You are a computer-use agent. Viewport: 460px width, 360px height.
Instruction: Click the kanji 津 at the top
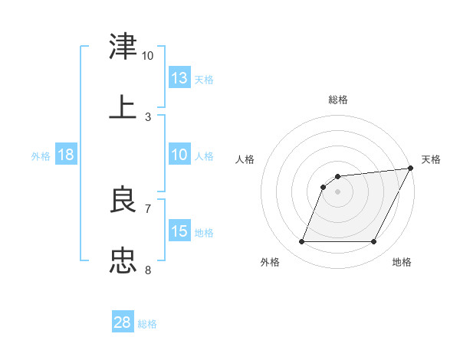click(123, 47)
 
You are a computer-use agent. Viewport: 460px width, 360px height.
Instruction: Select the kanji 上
click(123, 107)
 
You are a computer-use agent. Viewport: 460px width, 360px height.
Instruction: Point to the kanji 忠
click(123, 260)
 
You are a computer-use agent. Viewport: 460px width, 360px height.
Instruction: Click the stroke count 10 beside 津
click(147, 56)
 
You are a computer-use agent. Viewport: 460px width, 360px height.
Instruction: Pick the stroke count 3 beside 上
click(148, 116)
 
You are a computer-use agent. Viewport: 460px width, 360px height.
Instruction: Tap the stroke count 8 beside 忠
click(148, 270)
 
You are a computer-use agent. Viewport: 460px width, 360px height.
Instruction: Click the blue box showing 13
click(179, 77)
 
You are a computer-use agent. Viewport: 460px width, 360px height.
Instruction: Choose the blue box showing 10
click(179, 155)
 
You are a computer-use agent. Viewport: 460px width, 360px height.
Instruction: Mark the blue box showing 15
click(179, 231)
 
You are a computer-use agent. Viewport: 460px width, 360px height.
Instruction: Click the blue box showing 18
click(66, 155)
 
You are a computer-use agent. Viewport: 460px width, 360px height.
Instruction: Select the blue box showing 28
click(123, 322)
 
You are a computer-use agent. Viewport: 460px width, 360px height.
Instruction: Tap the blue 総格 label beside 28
click(147, 324)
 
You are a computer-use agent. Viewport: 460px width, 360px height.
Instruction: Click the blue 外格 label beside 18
click(41, 156)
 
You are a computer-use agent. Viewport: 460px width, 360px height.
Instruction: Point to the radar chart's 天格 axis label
click(431, 159)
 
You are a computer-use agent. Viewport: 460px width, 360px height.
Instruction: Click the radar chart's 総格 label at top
click(337, 100)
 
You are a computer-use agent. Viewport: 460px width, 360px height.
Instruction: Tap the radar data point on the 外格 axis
click(301, 242)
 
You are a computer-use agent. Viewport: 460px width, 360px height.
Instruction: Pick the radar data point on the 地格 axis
click(374, 242)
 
